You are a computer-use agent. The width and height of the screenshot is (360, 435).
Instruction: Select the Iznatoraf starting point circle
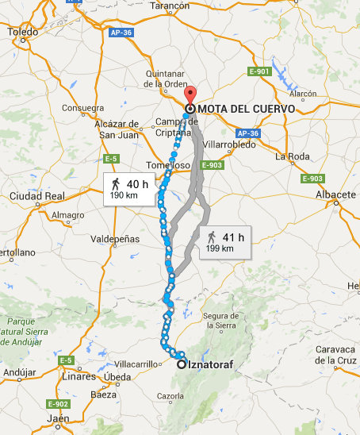[x=182, y=364]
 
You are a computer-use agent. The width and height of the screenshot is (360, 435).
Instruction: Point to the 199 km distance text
[x=220, y=248]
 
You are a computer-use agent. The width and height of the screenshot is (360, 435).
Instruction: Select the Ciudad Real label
[x=36, y=195]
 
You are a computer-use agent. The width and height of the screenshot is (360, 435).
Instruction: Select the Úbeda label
[x=117, y=376]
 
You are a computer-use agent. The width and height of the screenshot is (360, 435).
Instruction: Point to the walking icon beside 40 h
[x=116, y=184]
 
